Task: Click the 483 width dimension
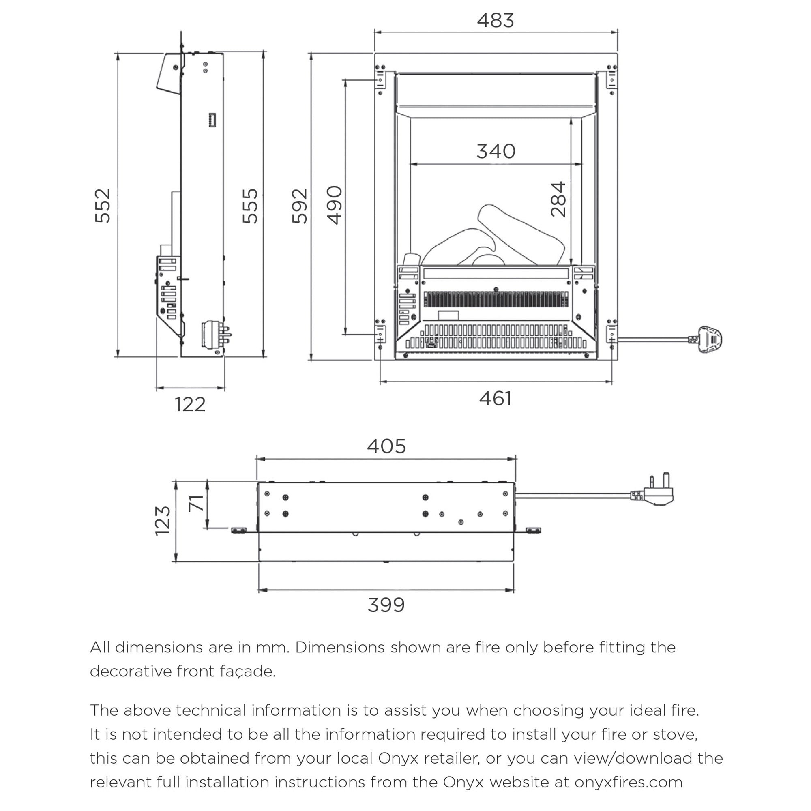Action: [496, 21]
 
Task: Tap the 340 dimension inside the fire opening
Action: [496, 151]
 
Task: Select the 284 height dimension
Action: [559, 199]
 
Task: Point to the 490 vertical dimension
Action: [335, 205]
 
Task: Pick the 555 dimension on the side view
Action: [251, 206]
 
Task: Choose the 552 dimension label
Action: [103, 206]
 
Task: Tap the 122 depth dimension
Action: [190, 405]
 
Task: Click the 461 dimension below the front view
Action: [496, 398]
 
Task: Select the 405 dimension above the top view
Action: [386, 446]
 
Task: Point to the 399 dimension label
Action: [386, 605]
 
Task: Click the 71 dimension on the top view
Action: [196, 503]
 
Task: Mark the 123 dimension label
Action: [163, 521]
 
